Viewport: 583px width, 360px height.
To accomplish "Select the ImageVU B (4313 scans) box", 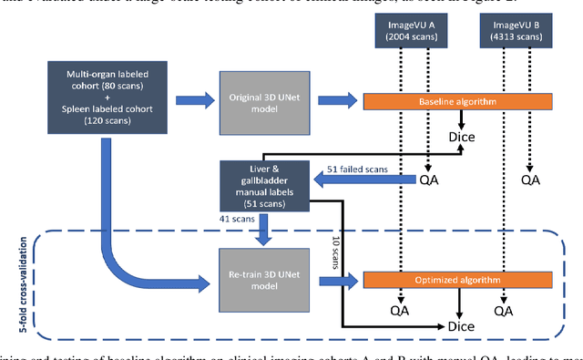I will [508, 35].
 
